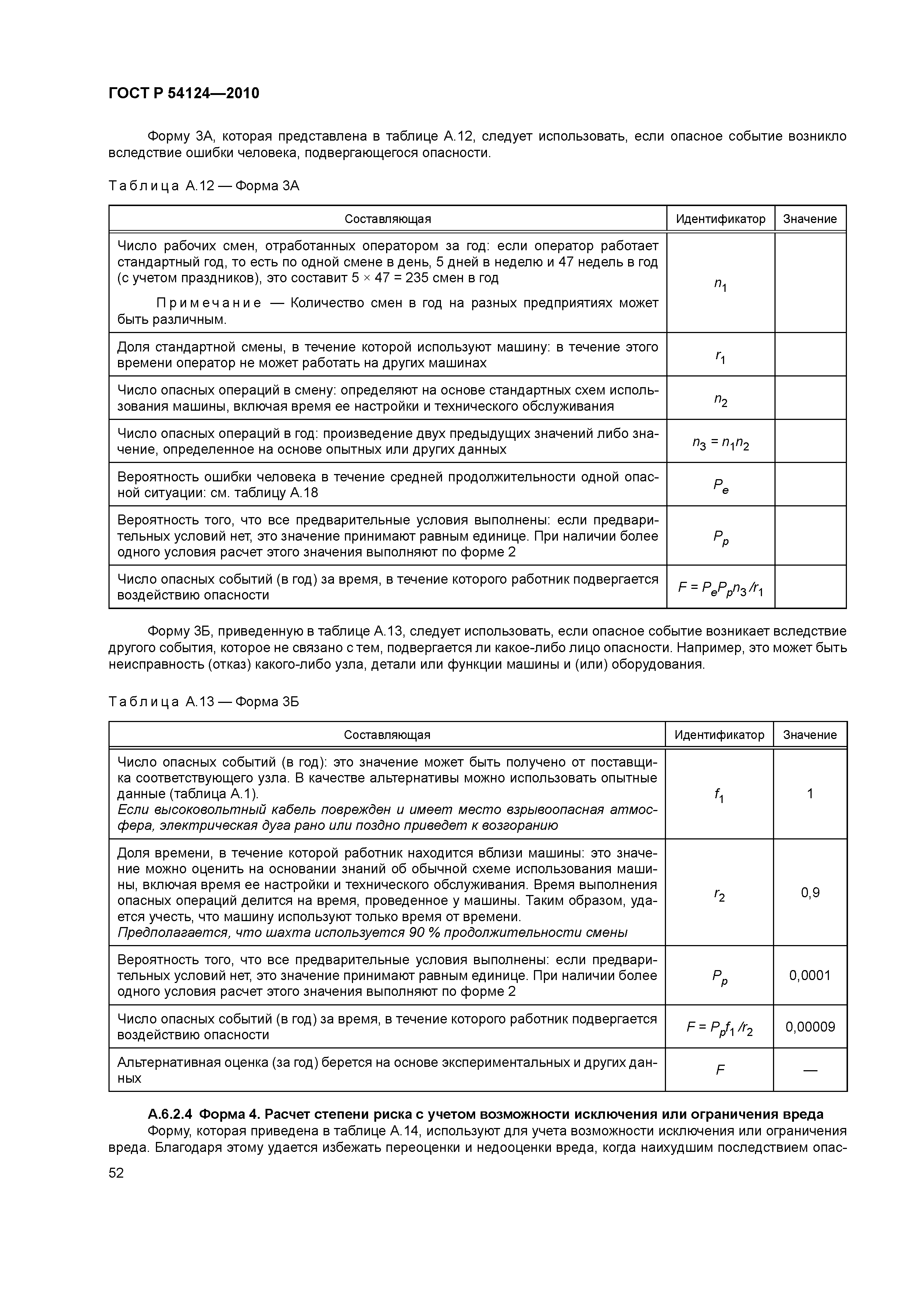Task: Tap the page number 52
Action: click(116, 1172)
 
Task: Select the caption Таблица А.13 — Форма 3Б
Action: click(203, 702)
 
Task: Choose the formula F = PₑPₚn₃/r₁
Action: click(720, 588)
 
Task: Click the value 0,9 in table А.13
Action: click(810, 892)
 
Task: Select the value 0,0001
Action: click(810, 975)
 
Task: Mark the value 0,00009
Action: click(810, 1027)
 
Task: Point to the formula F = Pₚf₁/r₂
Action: click(719, 1028)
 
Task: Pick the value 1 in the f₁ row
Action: click(810, 793)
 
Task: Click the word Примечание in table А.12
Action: click(209, 304)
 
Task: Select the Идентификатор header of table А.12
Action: click(720, 219)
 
